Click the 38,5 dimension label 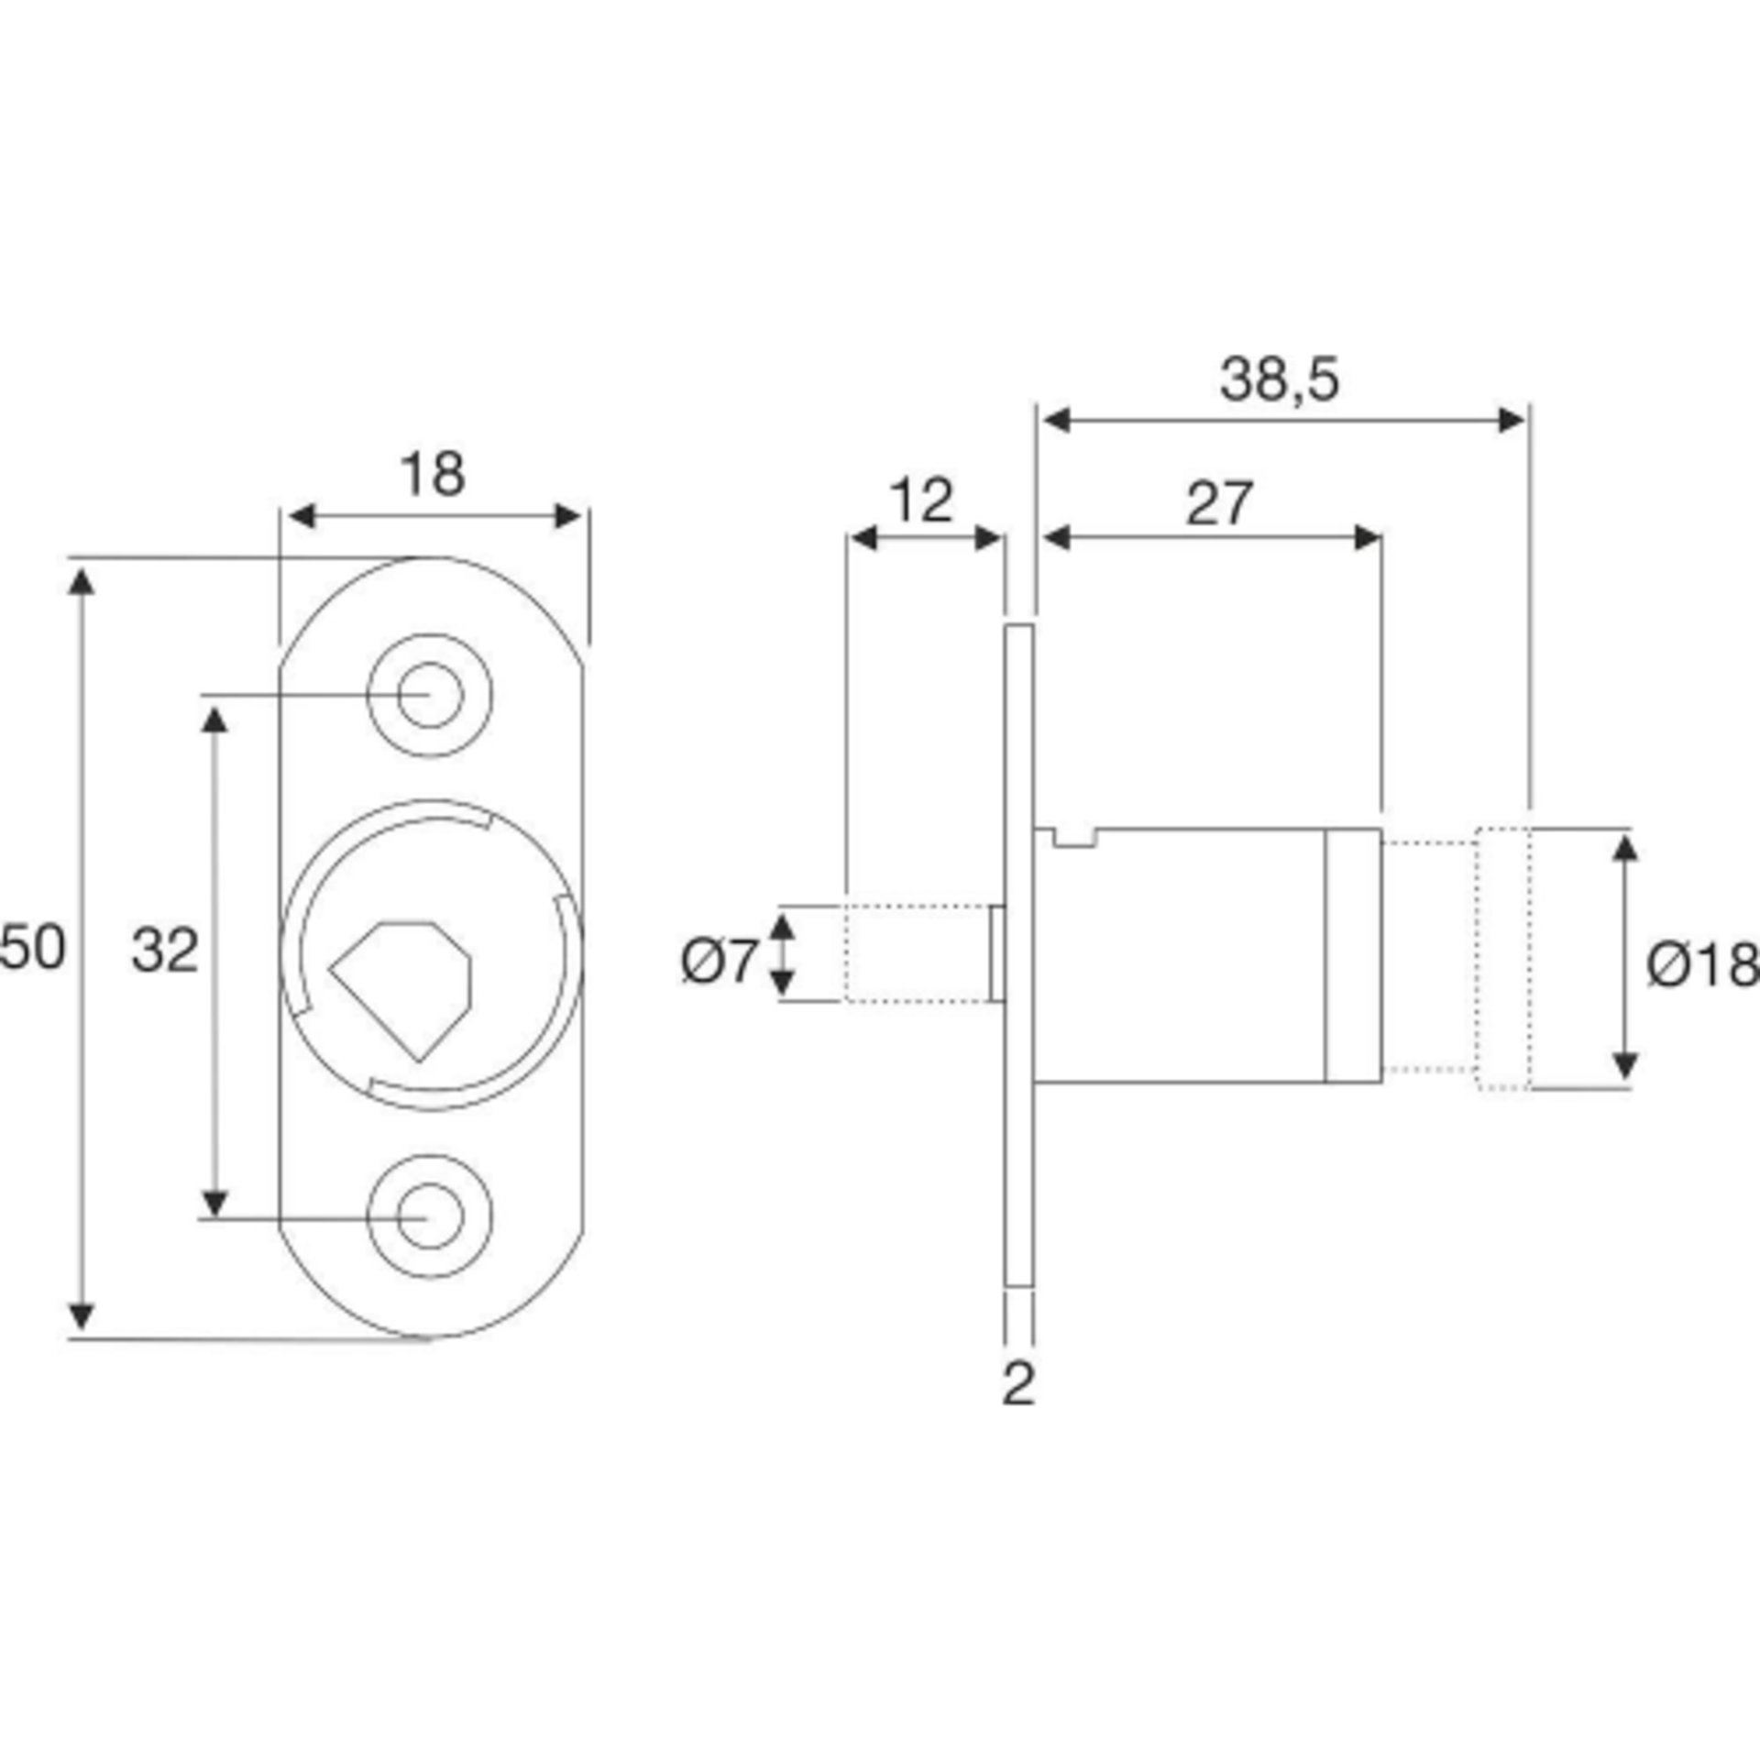tap(1279, 379)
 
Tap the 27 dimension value tap(1218, 503)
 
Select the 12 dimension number tap(921, 501)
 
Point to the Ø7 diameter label tap(720, 962)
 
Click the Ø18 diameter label tap(1701, 965)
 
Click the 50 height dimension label tap(33, 948)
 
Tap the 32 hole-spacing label tap(165, 950)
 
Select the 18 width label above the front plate tap(433, 475)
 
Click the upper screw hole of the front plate tap(430, 695)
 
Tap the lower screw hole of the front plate tap(430, 1216)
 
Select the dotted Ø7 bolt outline tap(917, 953)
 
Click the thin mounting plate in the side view tap(1019, 953)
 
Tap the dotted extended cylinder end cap tap(1501, 959)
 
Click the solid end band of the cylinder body tap(1353, 955)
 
